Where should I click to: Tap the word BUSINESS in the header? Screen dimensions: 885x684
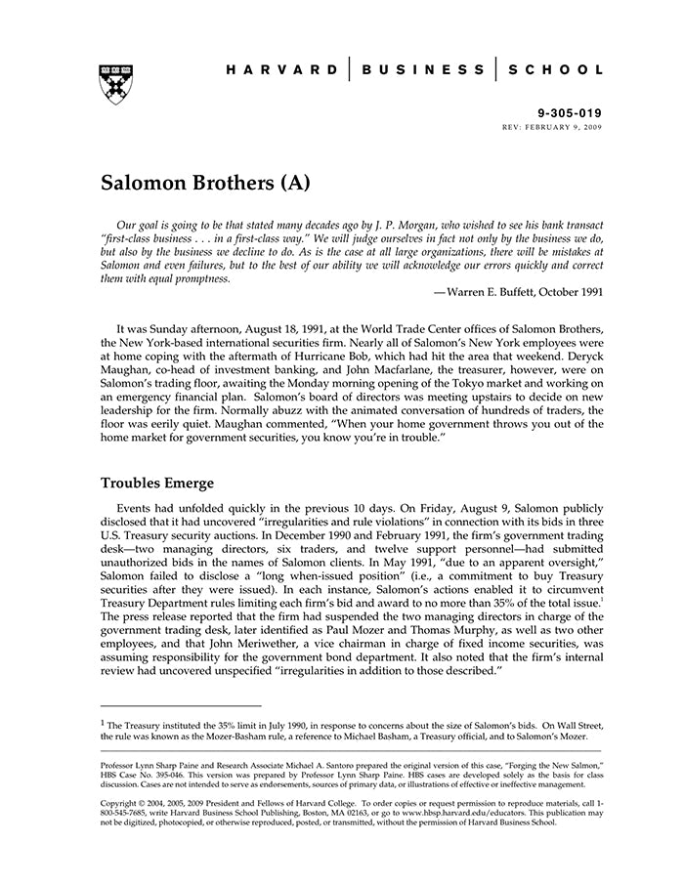[x=422, y=70]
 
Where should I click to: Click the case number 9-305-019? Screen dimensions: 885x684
[x=571, y=113]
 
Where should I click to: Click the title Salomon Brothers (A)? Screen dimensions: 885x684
[x=205, y=183]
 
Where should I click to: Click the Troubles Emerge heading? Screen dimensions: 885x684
[x=157, y=483]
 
